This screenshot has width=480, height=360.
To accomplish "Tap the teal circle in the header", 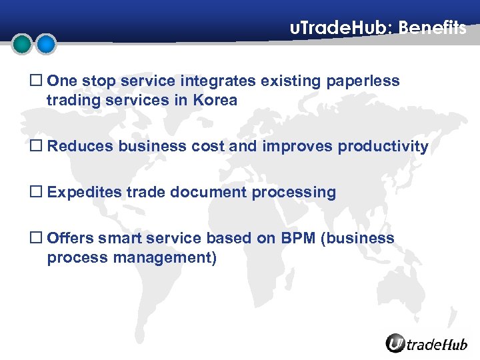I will [23, 45].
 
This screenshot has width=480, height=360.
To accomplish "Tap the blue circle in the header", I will [45, 45].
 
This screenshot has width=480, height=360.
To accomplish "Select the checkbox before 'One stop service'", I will [38, 81].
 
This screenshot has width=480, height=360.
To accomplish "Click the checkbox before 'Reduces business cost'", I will [38, 147].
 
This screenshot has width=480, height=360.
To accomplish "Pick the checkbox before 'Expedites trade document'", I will [38, 193].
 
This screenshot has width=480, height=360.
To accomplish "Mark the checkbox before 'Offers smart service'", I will [38, 239].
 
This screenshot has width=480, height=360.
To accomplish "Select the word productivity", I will [383, 147].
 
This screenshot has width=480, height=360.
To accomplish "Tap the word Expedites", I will [85, 193].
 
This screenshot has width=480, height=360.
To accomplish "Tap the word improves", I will [287, 147].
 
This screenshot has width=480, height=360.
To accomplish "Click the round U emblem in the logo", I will [395, 343].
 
